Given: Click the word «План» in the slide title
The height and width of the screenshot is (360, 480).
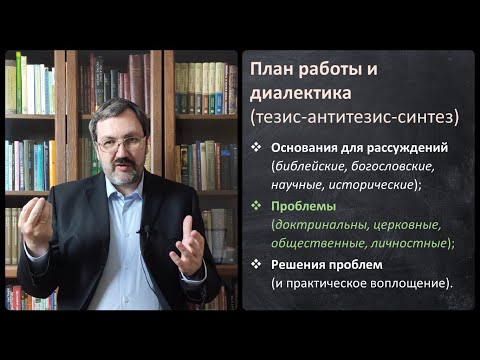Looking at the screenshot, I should (277, 72).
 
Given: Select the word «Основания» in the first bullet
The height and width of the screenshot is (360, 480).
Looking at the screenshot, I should (299, 148).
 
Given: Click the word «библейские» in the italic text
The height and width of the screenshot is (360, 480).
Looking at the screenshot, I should (307, 166).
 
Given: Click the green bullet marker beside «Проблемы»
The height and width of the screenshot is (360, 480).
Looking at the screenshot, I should (256, 205).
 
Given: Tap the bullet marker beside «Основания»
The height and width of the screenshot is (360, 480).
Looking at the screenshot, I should (256, 148).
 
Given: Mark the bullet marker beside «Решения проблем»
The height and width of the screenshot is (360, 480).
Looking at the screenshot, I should (256, 262).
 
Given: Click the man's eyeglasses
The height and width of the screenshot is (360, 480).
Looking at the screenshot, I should (120, 144).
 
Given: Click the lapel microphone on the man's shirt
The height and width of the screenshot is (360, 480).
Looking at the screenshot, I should (147, 232).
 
